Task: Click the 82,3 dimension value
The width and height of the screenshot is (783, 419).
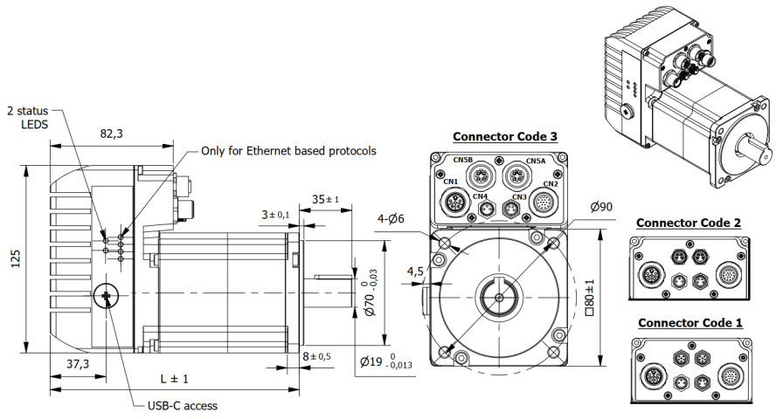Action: tap(111, 134)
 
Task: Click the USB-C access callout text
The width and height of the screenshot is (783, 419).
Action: tap(182, 405)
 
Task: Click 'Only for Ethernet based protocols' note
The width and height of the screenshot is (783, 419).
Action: tap(288, 150)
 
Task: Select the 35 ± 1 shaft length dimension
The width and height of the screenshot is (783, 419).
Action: tap(326, 199)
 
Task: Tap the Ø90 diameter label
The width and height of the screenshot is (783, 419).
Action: tap(602, 207)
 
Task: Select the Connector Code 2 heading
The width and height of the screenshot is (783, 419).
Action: tap(688, 223)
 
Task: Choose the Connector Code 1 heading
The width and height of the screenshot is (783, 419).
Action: tap(689, 323)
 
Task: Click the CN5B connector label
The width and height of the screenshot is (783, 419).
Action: tap(462, 161)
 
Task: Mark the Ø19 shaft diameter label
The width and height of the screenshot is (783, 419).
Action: tap(385, 361)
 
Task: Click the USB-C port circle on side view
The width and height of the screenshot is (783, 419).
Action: tap(106, 298)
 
